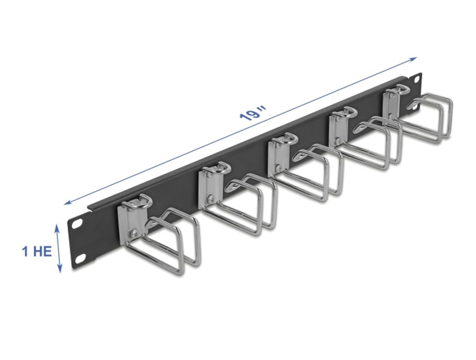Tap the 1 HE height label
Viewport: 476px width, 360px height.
(x=37, y=252)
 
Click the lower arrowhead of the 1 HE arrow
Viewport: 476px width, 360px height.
(x=60, y=270)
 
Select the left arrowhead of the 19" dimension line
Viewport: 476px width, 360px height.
(x=67, y=203)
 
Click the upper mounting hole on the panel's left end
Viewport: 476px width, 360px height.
(x=76, y=223)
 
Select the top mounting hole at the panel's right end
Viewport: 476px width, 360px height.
(x=415, y=79)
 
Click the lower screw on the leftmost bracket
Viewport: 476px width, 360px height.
(x=134, y=233)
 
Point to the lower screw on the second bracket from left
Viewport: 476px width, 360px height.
(x=212, y=199)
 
